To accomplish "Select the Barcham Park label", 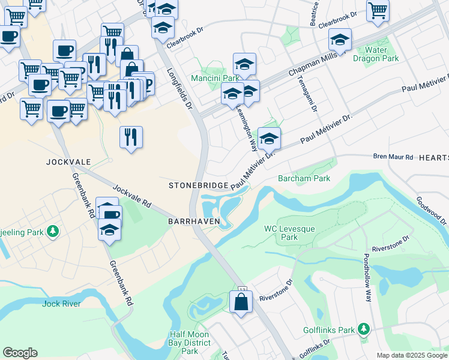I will point(304,178).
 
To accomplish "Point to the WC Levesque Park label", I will point(281,233).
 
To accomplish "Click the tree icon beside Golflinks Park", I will point(363,329).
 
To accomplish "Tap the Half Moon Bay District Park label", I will point(189,343).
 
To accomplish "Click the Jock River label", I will point(61,304).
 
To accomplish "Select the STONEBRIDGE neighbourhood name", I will point(198,185).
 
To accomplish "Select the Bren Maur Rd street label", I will point(393,157).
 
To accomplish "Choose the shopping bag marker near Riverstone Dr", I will point(241,302).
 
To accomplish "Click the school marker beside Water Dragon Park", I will point(340,41).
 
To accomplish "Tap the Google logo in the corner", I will point(20,353).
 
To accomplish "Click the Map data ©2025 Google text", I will point(411,355).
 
